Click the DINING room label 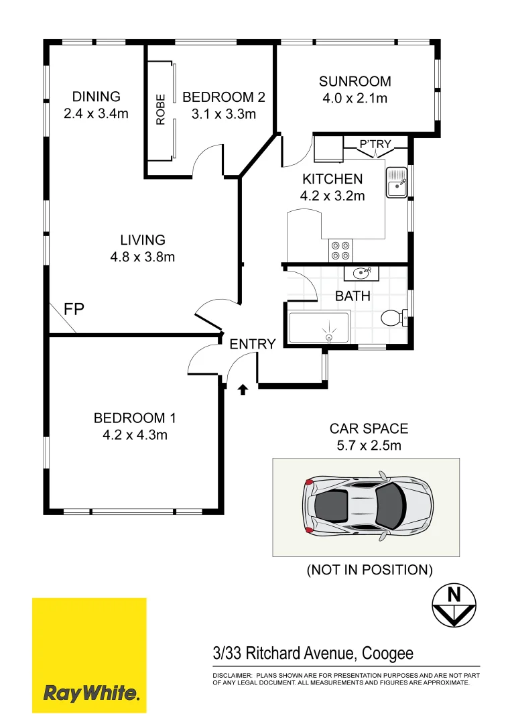[96, 97]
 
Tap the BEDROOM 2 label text [223, 97]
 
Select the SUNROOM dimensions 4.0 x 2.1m [355, 99]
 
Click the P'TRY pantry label [375, 143]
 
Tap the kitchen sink [397, 181]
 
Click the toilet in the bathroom [392, 316]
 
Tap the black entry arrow [243, 389]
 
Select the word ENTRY [253, 345]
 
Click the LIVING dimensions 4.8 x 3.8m [142, 257]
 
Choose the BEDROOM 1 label [135, 418]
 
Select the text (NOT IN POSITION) [369, 570]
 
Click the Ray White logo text [91, 692]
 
